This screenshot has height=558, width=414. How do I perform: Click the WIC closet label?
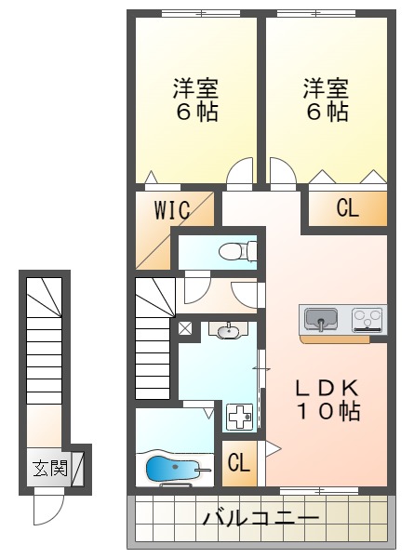click(x=173, y=209)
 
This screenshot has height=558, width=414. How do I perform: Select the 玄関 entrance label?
click(x=51, y=469)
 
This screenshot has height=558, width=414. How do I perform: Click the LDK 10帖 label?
click(x=327, y=398)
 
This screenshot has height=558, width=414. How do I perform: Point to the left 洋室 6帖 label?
click(x=195, y=100)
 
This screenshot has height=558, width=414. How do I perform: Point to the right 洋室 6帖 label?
click(x=327, y=100)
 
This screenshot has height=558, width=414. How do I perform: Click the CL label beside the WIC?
click(x=347, y=208)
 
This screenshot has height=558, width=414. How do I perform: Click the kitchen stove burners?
click(x=367, y=319)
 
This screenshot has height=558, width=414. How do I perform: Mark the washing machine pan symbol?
click(x=241, y=417)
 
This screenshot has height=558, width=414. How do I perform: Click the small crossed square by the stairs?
click(x=184, y=328)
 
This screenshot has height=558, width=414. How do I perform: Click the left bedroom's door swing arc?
click(x=240, y=171)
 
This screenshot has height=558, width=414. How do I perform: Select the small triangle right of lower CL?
click(x=272, y=449)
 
